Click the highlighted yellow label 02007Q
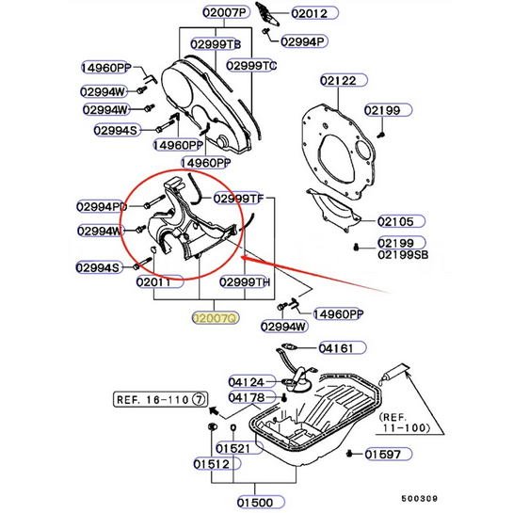(216, 318)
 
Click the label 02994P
(304, 41)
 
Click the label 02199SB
(403, 255)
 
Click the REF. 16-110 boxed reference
(161, 399)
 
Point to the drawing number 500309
(420, 499)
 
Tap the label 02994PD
(102, 206)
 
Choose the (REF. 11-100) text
(405, 423)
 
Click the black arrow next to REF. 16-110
(214, 410)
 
